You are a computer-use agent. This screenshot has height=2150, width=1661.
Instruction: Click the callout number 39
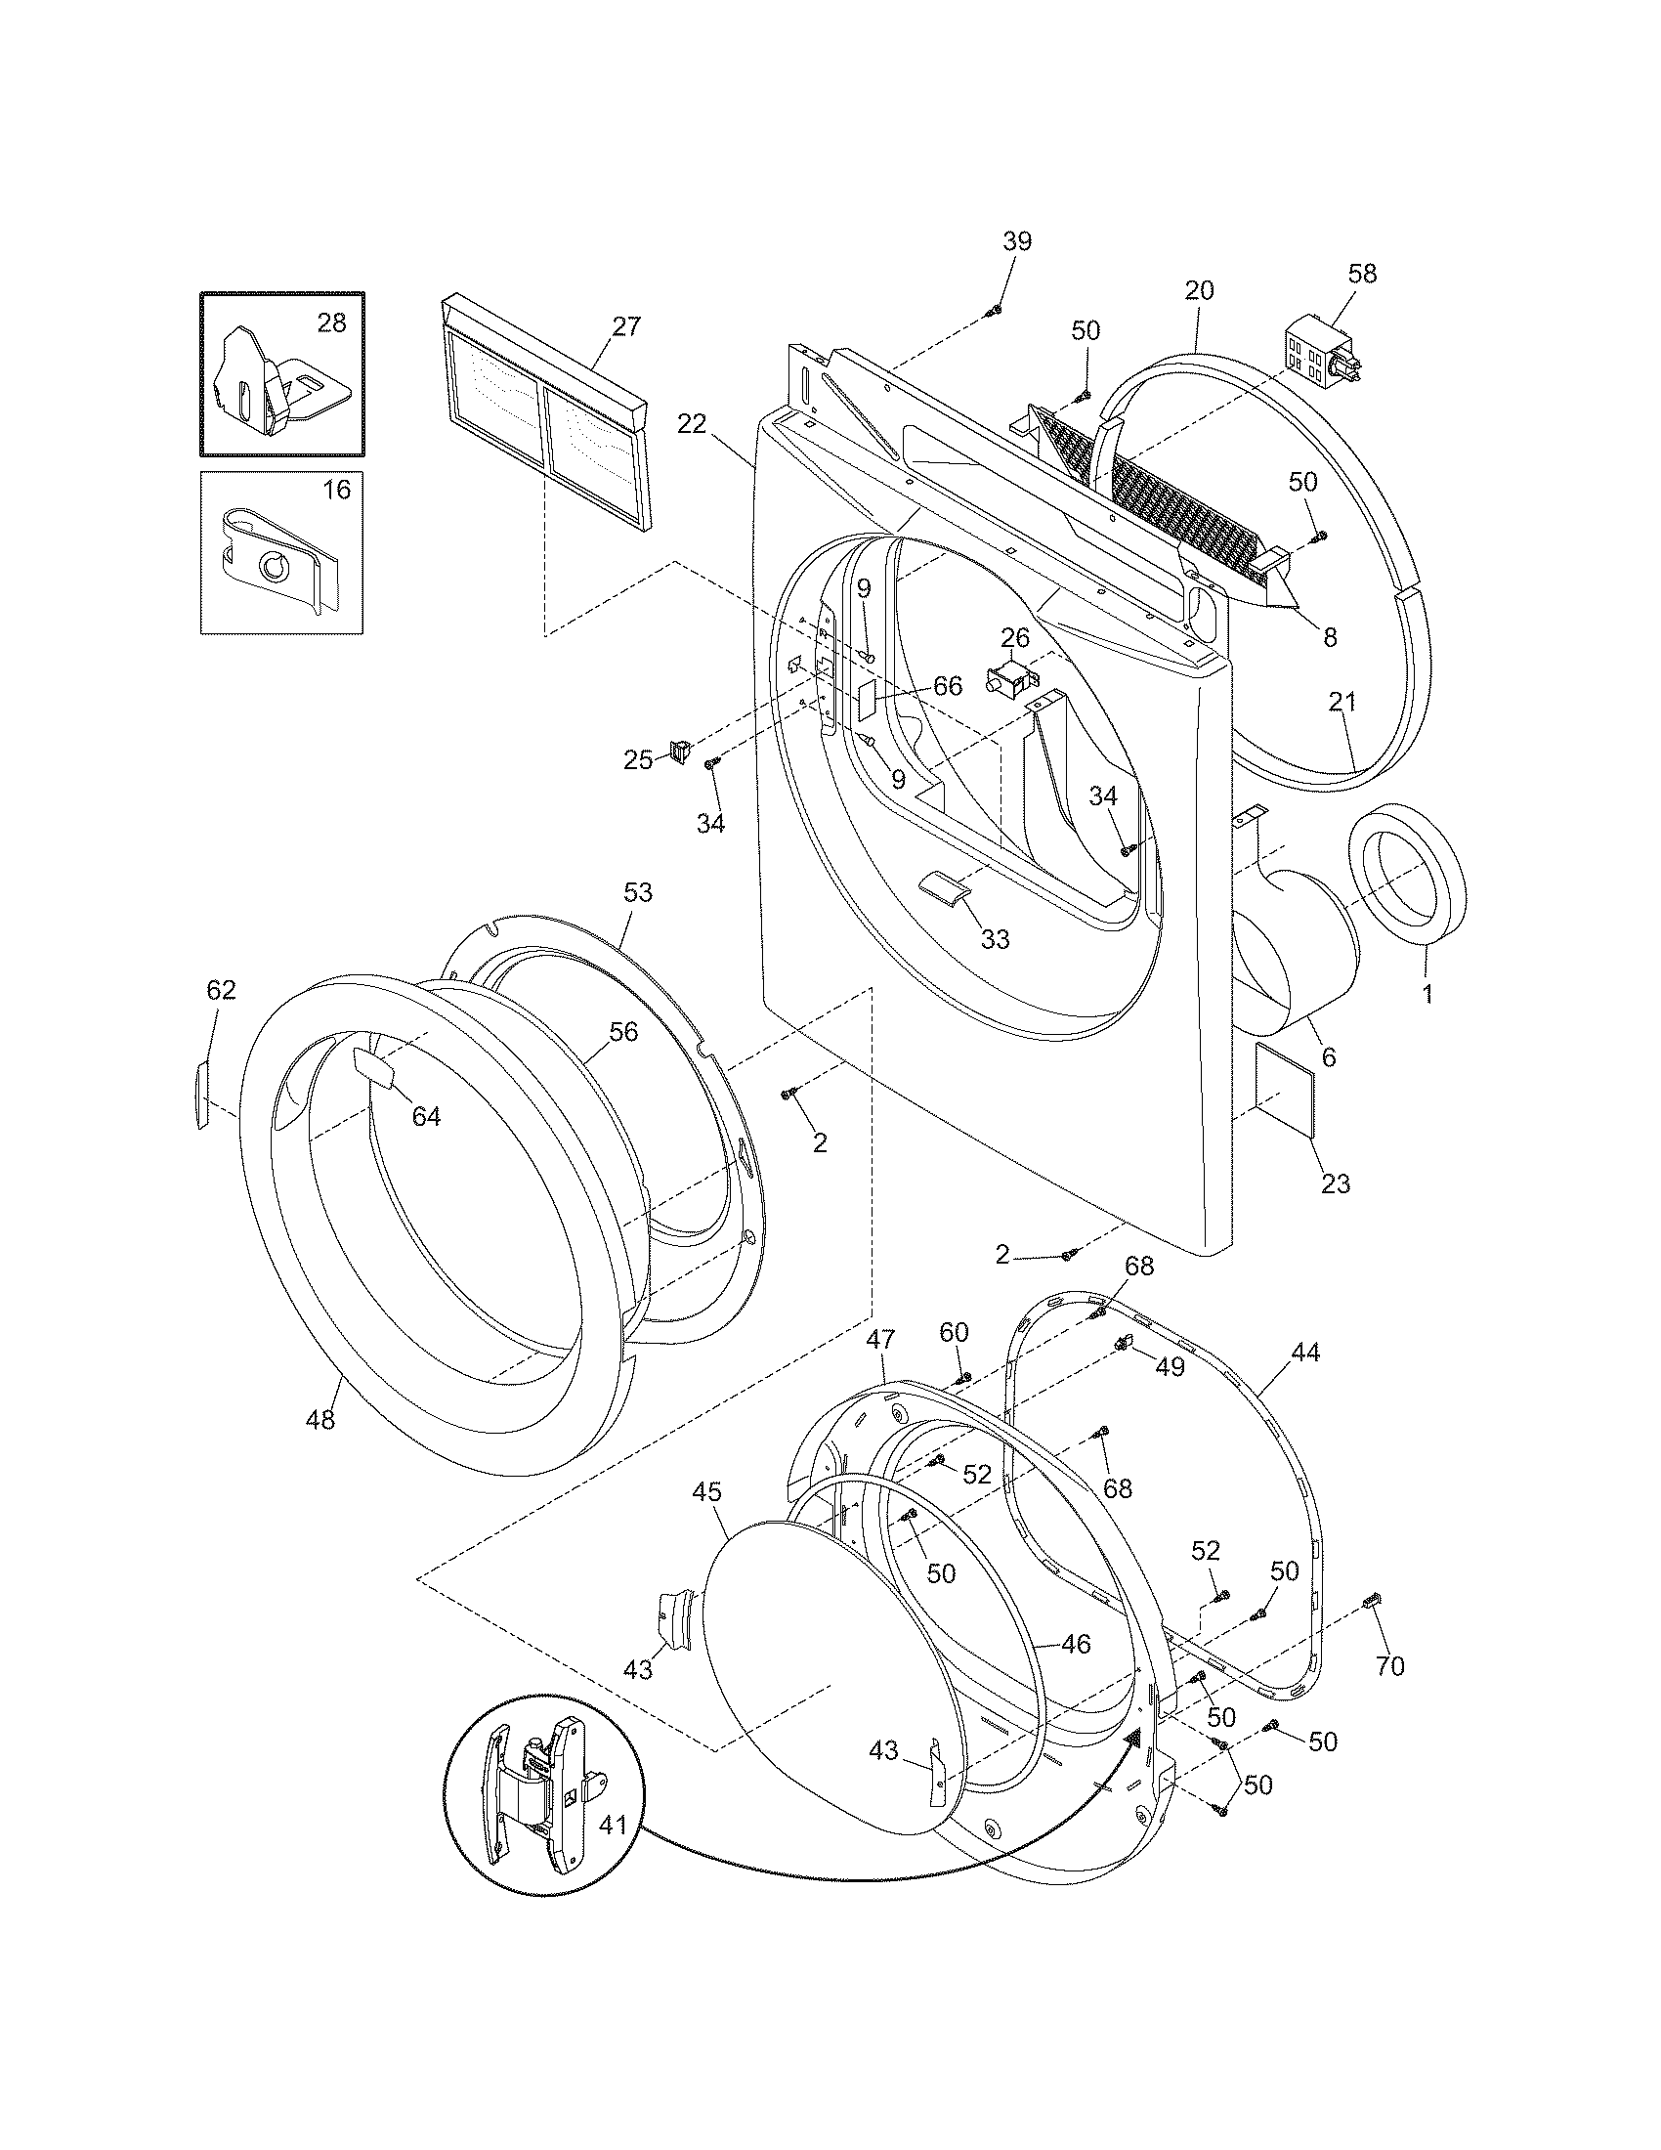pyautogui.click(x=1017, y=241)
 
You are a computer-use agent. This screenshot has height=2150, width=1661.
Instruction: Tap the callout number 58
pyautogui.click(x=1362, y=274)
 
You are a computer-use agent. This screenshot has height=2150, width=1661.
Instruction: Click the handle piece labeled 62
pyautogui.click(x=201, y=1092)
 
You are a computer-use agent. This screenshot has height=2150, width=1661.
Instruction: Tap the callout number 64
pyautogui.click(x=425, y=1116)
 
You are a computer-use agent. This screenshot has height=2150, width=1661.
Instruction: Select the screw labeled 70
pyautogui.click(x=1370, y=1604)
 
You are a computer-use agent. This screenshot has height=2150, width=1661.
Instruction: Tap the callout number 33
pyautogui.click(x=995, y=939)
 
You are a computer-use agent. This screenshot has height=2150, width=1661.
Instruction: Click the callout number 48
pyautogui.click(x=320, y=1420)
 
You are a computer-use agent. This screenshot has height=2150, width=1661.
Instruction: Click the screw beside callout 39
pyautogui.click(x=992, y=311)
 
